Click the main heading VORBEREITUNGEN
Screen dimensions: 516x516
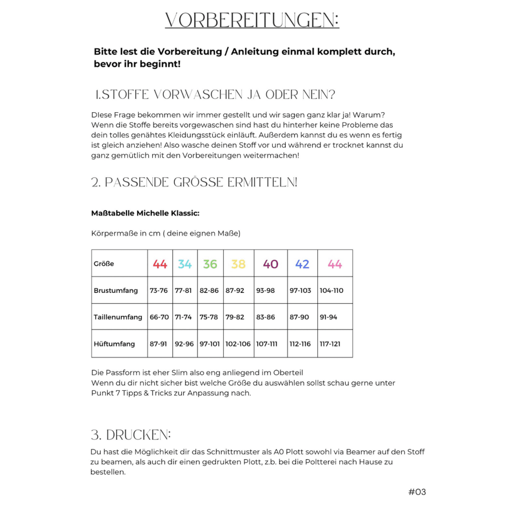(x=252, y=20)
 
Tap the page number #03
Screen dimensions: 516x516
(x=417, y=492)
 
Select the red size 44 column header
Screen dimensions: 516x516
(x=160, y=264)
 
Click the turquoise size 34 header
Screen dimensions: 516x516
(x=184, y=264)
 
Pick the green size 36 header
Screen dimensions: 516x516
(x=210, y=264)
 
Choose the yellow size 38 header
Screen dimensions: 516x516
(x=238, y=264)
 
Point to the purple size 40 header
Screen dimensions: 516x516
(x=270, y=264)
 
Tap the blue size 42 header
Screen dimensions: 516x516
(x=302, y=264)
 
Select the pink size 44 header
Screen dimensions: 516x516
(x=334, y=264)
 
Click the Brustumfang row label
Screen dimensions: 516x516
(x=116, y=290)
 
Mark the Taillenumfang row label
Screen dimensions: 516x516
(x=118, y=317)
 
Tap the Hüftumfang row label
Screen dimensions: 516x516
(x=114, y=344)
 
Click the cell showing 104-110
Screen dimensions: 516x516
(x=332, y=290)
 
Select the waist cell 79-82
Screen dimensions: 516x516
(x=235, y=317)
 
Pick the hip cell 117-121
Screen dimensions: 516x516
(x=330, y=344)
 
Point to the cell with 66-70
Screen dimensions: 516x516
(x=159, y=317)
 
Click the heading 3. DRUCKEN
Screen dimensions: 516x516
(x=130, y=435)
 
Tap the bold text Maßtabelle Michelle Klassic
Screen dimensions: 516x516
(x=145, y=213)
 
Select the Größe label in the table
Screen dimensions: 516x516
(x=104, y=264)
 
